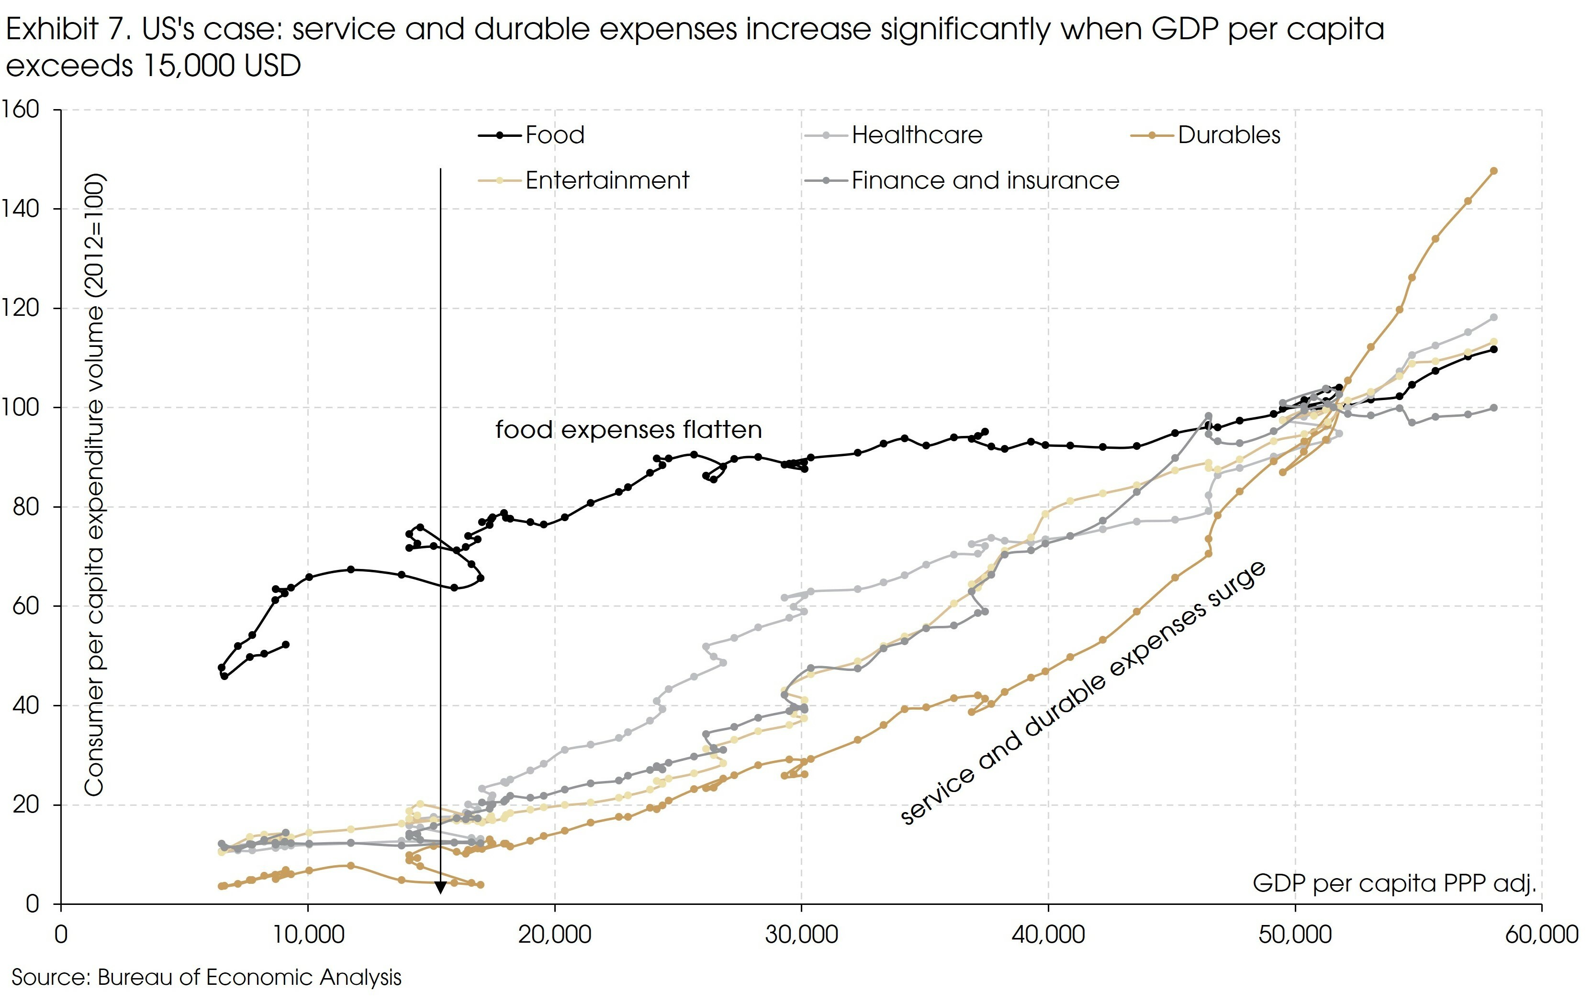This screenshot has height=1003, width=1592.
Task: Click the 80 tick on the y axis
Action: click(x=26, y=507)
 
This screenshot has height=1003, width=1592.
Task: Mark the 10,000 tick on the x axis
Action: click(x=308, y=934)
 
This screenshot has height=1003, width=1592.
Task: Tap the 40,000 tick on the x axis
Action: click(x=1049, y=934)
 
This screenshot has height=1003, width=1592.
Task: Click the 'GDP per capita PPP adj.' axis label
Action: click(x=1394, y=883)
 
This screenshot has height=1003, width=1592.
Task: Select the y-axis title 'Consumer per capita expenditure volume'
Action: click(x=95, y=485)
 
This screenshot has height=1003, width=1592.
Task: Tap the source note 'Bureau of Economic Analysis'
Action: click(x=249, y=977)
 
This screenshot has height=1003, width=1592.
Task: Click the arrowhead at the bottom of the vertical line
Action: click(x=440, y=887)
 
